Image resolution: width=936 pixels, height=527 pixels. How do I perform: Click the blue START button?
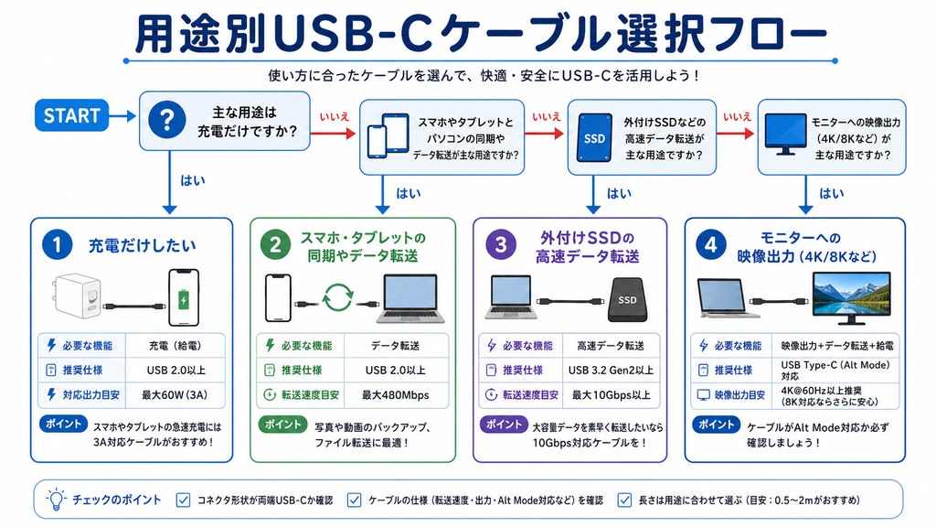tap(71, 115)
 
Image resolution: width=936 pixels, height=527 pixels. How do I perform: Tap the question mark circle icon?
tap(167, 120)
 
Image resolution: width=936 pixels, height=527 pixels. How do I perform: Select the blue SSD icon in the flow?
tap(594, 137)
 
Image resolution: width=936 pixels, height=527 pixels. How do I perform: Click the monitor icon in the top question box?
tap(785, 134)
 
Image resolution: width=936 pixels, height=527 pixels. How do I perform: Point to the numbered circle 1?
tap(58, 245)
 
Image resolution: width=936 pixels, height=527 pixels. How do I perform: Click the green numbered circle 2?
tap(275, 245)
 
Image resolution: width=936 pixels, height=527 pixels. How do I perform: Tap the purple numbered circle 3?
tap(500, 245)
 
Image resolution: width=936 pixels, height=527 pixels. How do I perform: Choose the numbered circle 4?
tap(710, 245)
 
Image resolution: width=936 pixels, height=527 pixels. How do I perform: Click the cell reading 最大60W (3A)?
tap(175, 395)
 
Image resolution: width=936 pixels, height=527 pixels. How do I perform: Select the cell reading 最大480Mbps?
tap(396, 395)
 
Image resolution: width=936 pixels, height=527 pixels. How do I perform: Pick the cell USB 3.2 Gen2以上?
tap(611, 371)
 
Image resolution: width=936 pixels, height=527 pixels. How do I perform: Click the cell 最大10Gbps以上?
tap(611, 395)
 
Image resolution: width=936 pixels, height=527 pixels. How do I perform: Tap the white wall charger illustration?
tap(79, 296)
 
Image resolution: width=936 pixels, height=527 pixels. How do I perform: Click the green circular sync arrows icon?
tap(338, 297)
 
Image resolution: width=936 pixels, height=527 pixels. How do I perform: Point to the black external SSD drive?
tap(627, 299)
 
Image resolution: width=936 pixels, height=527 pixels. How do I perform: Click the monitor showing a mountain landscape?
tap(851, 297)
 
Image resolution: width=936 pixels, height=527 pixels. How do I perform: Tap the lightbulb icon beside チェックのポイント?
tap(56, 499)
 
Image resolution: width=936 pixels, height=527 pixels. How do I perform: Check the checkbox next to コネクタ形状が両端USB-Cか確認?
tap(183, 500)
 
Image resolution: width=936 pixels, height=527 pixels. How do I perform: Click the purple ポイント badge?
tap(504, 425)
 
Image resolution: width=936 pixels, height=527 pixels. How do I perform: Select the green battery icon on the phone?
tap(184, 299)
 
